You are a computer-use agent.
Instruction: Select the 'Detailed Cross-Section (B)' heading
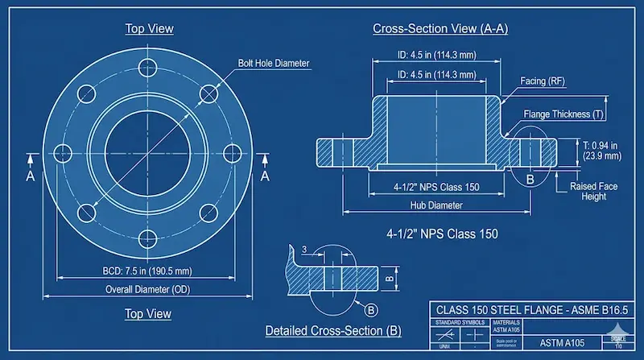[333, 331]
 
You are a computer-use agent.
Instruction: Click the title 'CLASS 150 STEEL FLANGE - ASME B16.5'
[530, 309]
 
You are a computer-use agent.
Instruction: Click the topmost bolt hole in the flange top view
[149, 67]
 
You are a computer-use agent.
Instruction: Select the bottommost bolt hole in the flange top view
[149, 238]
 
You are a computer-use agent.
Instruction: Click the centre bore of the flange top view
[149, 152]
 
